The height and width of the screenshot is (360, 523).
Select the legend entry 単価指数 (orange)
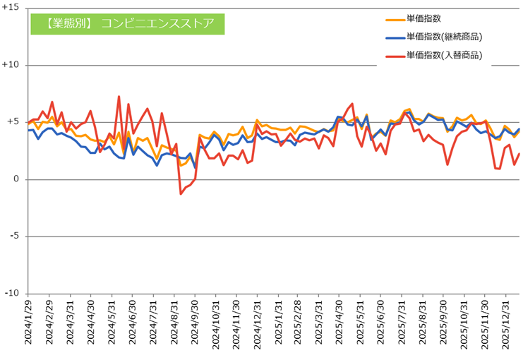423,18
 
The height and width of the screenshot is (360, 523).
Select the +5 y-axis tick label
14,122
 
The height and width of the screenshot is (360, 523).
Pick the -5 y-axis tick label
16,236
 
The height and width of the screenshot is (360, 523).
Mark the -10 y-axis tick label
13,294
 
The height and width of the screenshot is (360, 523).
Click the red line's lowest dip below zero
181,193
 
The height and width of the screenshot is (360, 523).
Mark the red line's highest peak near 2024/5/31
119,96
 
